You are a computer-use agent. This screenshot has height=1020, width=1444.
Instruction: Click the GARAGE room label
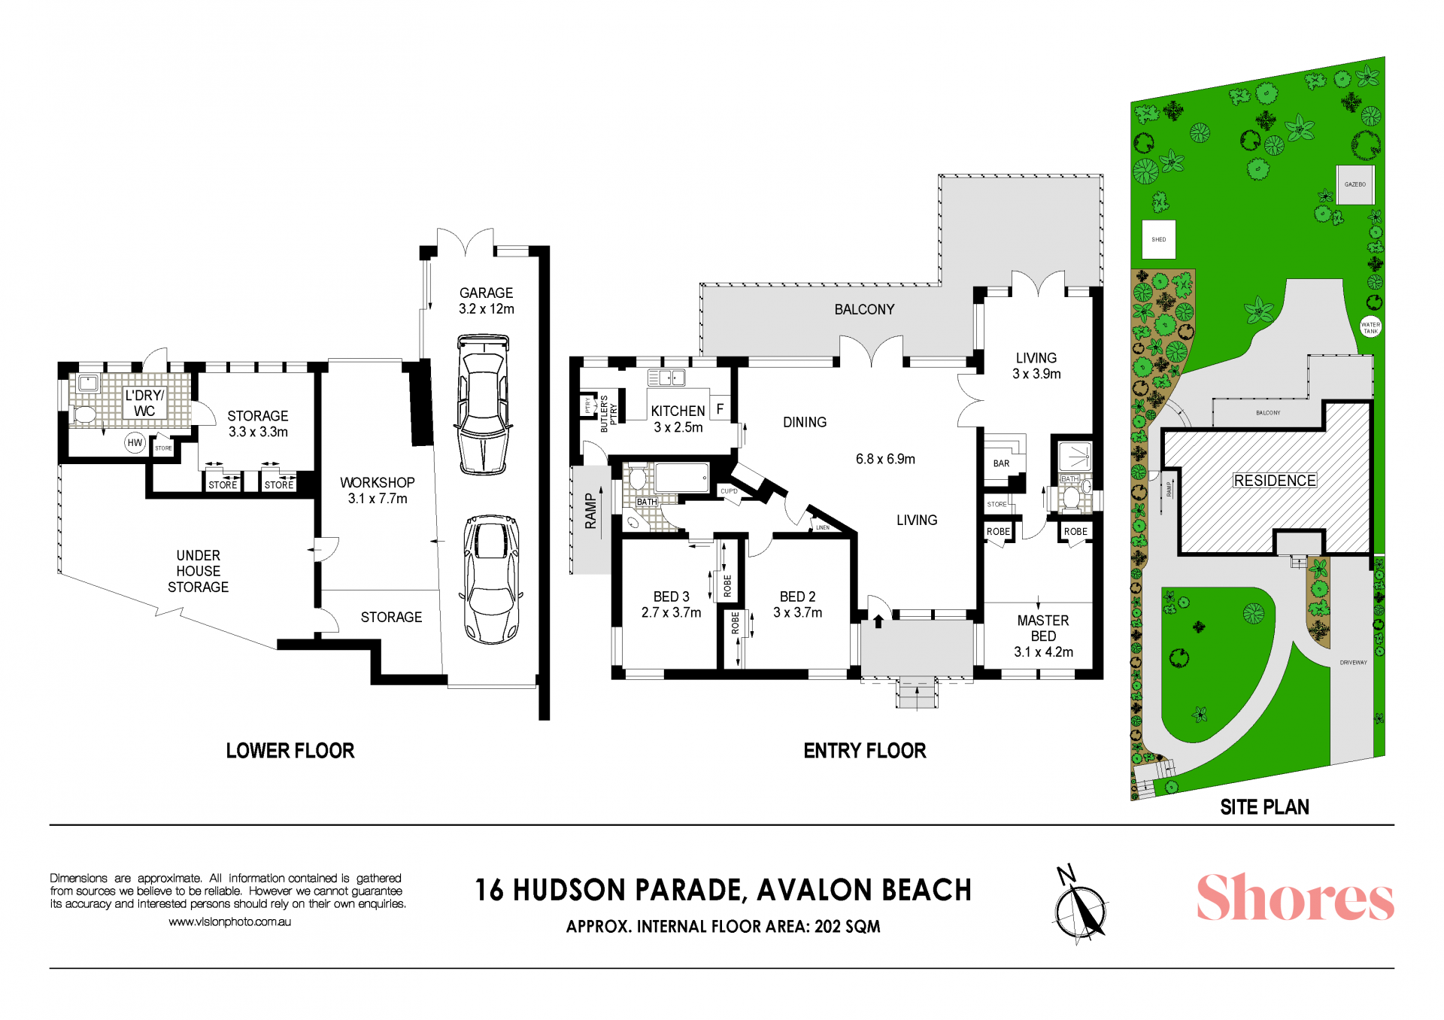486,293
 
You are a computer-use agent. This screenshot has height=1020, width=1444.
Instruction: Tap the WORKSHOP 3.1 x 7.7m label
378,490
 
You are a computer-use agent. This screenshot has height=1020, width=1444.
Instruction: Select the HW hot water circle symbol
135,443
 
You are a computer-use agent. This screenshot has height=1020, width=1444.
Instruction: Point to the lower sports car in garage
492,579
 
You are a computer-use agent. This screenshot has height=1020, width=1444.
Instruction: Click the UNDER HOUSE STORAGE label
198,571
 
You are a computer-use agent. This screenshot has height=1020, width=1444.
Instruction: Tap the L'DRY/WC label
144,403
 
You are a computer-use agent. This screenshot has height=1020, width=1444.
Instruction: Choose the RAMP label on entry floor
591,512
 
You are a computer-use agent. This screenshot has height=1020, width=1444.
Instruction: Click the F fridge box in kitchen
720,409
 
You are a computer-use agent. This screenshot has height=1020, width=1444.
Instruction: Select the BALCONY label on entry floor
864,309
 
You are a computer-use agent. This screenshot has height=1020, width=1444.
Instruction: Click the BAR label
1001,463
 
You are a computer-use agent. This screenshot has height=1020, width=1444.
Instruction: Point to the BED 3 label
671,597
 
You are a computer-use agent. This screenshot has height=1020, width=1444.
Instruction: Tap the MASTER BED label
1043,628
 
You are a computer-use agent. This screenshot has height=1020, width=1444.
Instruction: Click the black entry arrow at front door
878,621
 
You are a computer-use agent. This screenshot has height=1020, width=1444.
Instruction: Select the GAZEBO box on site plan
1355,184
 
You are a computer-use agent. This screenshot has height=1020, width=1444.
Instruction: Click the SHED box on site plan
1159,239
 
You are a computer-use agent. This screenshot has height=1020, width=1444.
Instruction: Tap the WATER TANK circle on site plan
1371,327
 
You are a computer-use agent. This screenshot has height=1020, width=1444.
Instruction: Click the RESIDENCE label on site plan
1275,481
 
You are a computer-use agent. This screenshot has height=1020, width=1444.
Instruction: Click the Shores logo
1295,897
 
